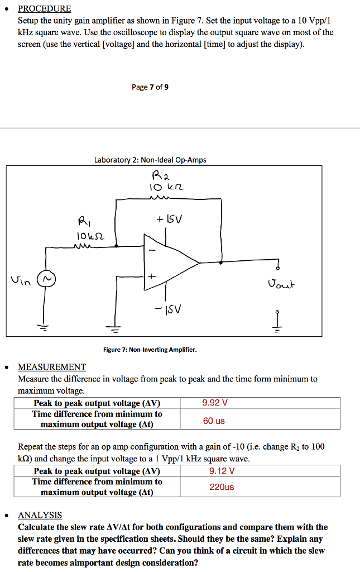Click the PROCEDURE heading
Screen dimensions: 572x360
(x=45, y=8)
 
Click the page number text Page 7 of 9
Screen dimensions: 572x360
(x=150, y=87)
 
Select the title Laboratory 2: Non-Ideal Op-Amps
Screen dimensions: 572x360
(x=150, y=160)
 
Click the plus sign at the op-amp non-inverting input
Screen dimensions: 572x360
(x=151, y=277)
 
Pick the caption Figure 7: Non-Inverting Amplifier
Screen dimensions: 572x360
(x=150, y=350)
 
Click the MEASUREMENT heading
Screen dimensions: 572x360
(x=52, y=367)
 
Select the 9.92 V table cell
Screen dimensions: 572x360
(x=215, y=403)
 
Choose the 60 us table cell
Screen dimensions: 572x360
(x=214, y=421)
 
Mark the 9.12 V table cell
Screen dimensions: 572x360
(x=222, y=471)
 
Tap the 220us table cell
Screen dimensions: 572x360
(x=222, y=487)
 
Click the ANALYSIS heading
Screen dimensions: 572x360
(x=40, y=515)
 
